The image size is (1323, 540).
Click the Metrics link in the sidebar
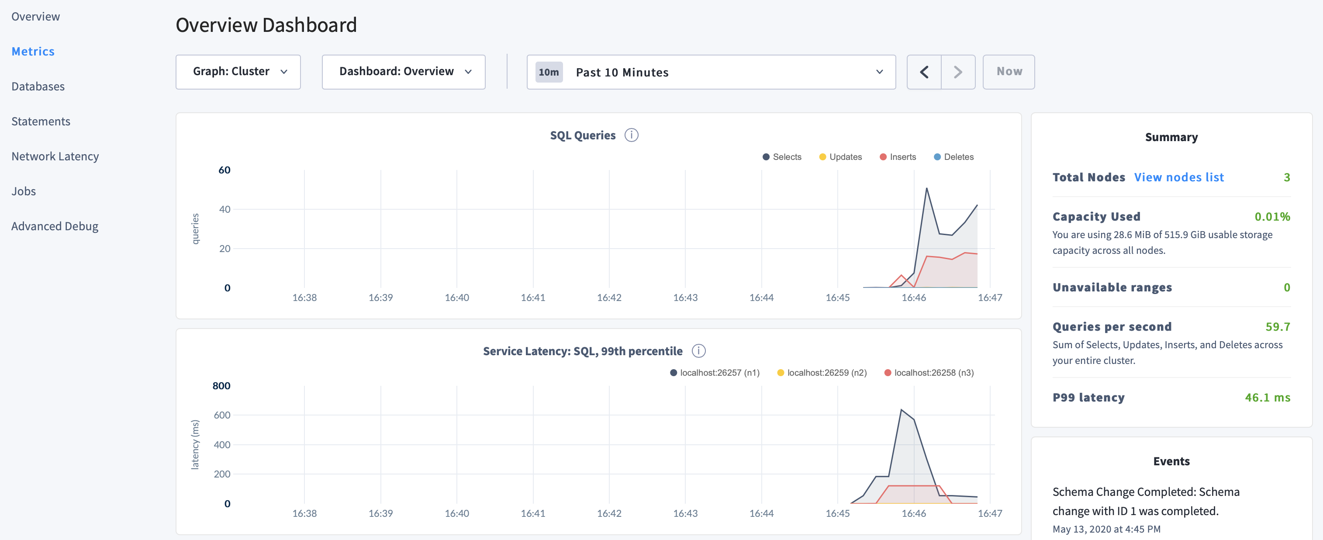[33, 52]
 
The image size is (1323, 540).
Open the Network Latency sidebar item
[55, 156]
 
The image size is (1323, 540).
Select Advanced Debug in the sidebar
[55, 226]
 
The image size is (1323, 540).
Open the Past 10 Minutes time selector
[711, 72]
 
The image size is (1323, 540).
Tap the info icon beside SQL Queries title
[631, 135]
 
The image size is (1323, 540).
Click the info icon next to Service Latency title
[698, 351]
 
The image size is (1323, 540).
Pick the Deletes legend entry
[954, 157]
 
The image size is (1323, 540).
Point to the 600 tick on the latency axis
[222, 415]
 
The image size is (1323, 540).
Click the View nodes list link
[1179, 177]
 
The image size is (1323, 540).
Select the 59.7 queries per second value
[1277, 327]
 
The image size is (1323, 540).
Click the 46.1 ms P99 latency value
[1267, 398]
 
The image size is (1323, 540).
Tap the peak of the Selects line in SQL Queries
[926, 189]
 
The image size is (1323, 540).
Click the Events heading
[1171, 461]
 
